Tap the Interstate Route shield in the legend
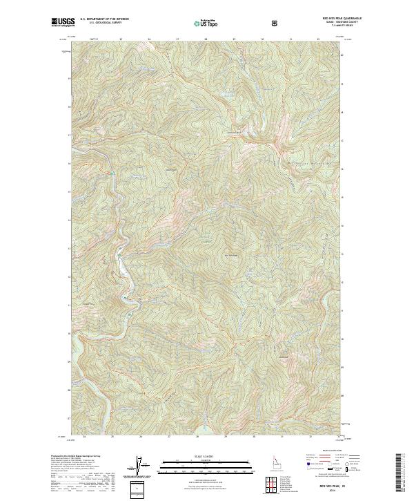308,469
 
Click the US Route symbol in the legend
329,469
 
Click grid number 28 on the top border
206,39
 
